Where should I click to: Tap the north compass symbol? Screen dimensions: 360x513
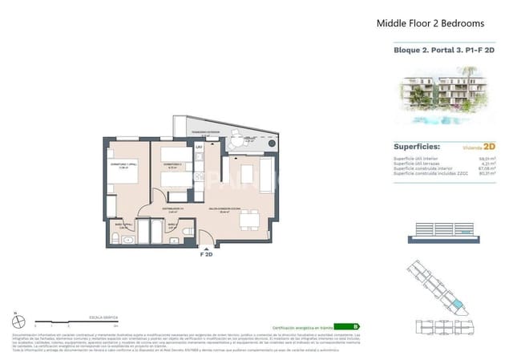click(x=18, y=322)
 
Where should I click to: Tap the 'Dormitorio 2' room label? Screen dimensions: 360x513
click(x=172, y=165)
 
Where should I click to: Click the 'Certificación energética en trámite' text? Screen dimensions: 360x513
click(x=302, y=328)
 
